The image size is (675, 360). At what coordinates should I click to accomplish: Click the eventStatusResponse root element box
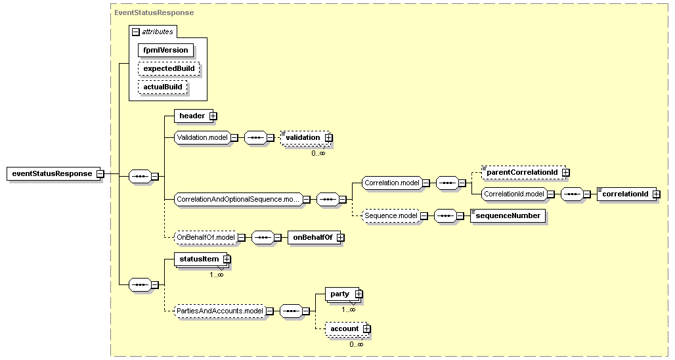click(x=52, y=173)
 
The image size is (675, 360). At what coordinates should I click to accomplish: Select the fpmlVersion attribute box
click(x=165, y=50)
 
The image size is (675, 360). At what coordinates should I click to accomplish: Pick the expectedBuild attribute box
click(x=169, y=68)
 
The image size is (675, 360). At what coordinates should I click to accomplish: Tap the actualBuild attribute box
click(x=163, y=87)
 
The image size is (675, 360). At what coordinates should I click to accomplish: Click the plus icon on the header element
click(x=213, y=116)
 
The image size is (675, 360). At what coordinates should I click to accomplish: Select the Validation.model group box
click(x=202, y=137)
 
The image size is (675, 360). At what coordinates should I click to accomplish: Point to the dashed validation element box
click(x=306, y=137)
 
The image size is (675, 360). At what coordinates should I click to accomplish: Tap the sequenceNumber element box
click(x=508, y=215)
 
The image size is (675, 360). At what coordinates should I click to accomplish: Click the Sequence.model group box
click(x=391, y=215)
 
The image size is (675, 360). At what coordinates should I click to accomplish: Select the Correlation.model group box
click(x=392, y=183)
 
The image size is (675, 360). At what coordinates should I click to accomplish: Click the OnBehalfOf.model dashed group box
click(x=206, y=237)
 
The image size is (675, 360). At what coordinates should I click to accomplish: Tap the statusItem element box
click(x=201, y=259)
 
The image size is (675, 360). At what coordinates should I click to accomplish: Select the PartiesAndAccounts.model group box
click(x=219, y=311)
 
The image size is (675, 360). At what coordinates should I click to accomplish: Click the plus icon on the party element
click(x=359, y=294)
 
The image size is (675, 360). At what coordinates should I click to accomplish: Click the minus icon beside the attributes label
click(x=136, y=32)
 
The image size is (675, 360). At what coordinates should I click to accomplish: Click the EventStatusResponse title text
click(x=154, y=12)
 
